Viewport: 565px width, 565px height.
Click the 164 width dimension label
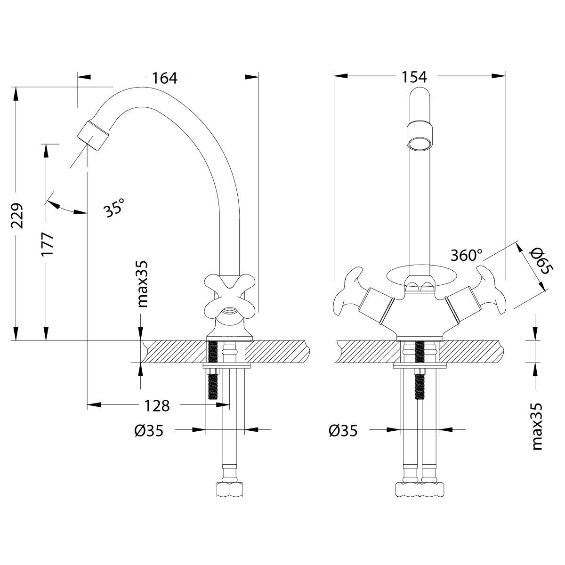tap(164, 78)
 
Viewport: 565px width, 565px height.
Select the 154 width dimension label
tap(414, 77)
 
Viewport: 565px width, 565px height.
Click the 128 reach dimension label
tap(157, 405)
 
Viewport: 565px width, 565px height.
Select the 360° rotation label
tap(467, 255)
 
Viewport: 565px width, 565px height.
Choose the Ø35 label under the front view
tap(343, 430)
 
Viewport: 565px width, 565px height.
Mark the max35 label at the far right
tap(537, 427)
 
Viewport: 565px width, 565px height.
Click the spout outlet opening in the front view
tap(419, 143)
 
